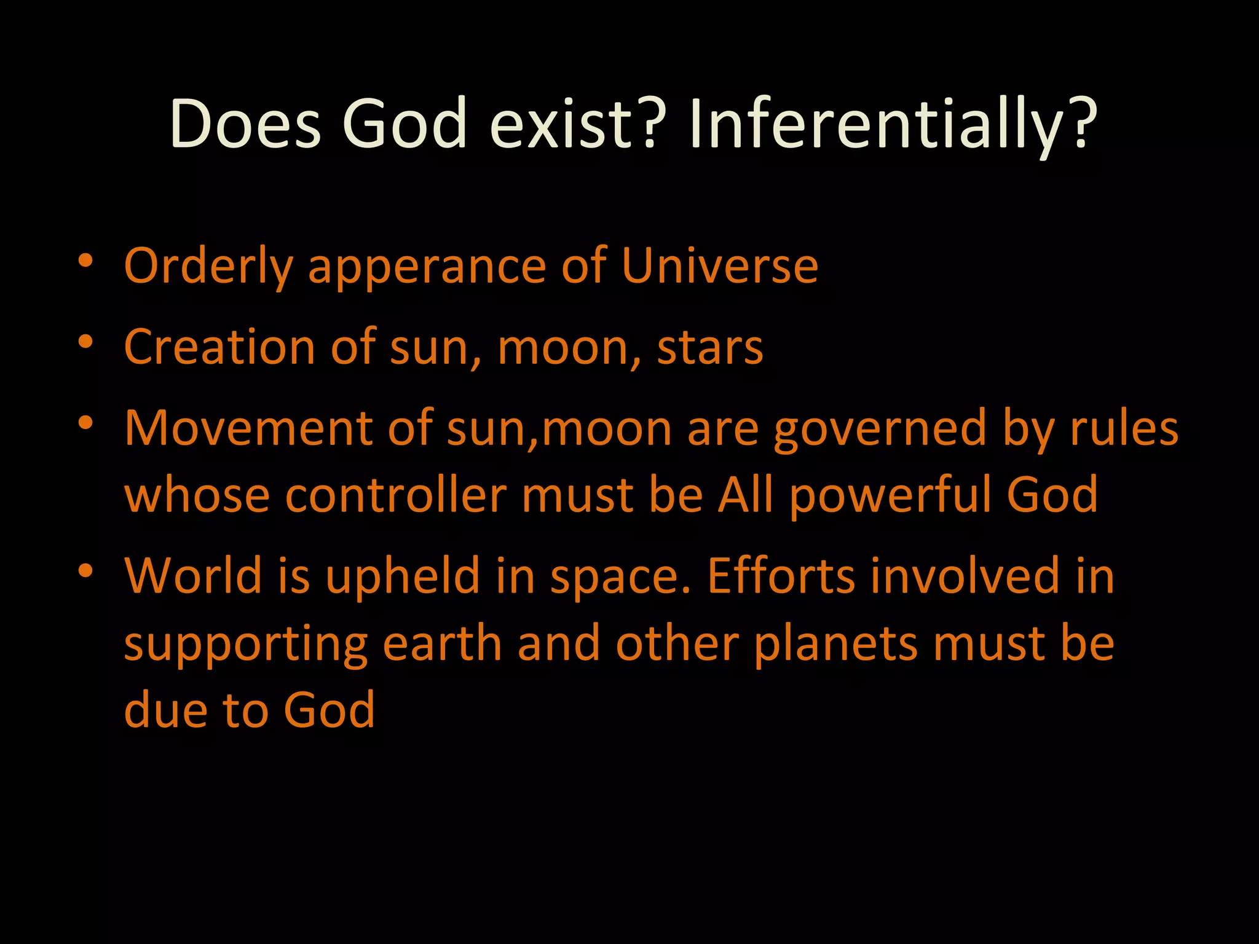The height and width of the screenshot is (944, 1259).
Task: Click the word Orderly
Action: (208, 267)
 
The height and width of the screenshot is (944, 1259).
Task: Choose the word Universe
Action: (719, 265)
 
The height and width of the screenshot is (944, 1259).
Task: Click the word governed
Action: (880, 429)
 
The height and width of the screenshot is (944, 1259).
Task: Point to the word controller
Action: (396, 495)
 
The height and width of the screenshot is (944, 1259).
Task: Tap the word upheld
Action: (403, 576)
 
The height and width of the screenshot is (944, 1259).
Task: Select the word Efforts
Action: (781, 576)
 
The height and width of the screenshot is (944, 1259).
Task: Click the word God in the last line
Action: (329, 710)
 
